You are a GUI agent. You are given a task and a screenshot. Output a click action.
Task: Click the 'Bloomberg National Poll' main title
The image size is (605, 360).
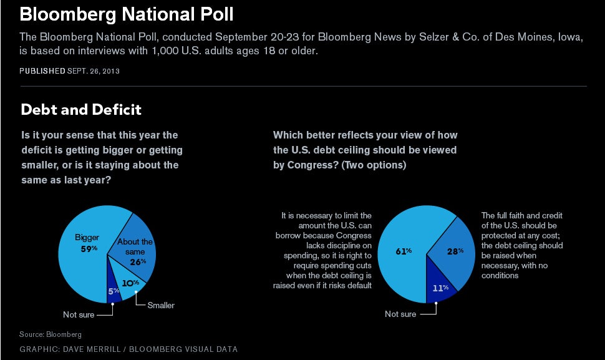(x=127, y=14)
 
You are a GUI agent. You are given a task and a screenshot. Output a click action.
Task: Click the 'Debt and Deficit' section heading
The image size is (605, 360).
(x=81, y=110)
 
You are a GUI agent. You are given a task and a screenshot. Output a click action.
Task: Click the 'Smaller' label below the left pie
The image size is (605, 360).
(x=161, y=305)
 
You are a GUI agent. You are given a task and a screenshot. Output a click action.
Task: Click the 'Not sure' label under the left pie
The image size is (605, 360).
(x=79, y=315)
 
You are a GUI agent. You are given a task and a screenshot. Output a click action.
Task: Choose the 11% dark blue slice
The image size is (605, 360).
(x=442, y=289)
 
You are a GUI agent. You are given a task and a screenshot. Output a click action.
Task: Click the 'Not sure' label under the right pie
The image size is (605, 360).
(x=400, y=314)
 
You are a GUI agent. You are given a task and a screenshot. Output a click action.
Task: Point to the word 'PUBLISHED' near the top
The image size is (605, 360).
(x=42, y=71)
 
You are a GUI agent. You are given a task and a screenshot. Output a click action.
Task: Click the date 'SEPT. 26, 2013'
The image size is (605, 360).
(x=94, y=71)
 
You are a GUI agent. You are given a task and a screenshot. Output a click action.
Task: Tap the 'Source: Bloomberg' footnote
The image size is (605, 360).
(x=51, y=334)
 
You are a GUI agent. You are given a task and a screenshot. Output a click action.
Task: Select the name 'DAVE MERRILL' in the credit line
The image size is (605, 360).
(x=89, y=349)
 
